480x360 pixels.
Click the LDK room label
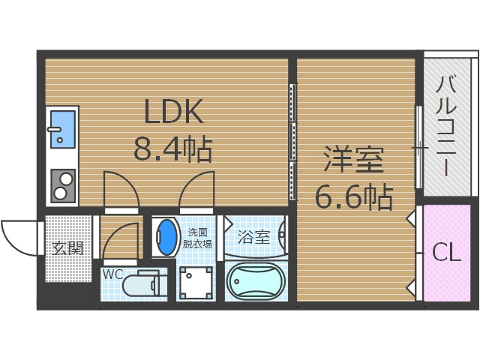pyautogui.click(x=173, y=112)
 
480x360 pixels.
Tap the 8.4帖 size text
pyautogui.click(x=172, y=148)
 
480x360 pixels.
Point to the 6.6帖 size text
pyautogui.click(x=353, y=196)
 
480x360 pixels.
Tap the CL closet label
pyautogui.click(x=446, y=253)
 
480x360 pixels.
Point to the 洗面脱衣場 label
pyautogui.click(x=199, y=238)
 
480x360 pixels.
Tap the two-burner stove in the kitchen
pyautogui.click(x=62, y=184)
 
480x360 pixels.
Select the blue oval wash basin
pyautogui.click(x=165, y=238)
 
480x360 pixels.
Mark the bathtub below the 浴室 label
pyautogui.click(x=255, y=282)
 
